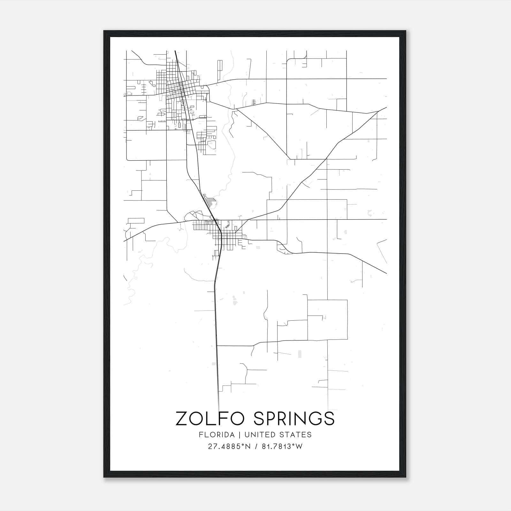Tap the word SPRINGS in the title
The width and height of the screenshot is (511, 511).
[x=294, y=418]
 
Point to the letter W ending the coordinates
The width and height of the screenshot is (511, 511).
[x=299, y=446]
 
